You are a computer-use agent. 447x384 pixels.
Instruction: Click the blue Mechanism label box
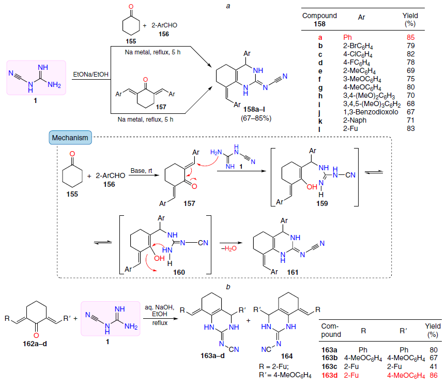[x=70, y=138]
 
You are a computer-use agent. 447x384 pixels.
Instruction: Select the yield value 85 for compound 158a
[x=410, y=37]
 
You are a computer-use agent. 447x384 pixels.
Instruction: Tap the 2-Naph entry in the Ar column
[x=354, y=120]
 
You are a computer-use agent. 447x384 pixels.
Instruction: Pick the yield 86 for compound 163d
[x=434, y=375]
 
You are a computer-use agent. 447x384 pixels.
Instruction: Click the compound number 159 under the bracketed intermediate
[x=322, y=203]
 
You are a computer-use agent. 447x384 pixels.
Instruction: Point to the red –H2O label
[x=229, y=248]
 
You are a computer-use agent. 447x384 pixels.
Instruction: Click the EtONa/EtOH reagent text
[x=90, y=75]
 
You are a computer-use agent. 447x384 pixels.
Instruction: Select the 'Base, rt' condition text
[x=141, y=171]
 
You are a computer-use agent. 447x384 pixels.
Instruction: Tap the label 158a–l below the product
[x=254, y=109]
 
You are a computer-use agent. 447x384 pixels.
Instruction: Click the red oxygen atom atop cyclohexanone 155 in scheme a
[x=131, y=7]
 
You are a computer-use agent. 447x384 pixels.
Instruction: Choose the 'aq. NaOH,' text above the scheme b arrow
[x=159, y=307]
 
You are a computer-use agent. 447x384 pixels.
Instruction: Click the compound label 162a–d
[x=35, y=344]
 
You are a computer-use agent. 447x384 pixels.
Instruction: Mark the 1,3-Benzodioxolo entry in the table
[x=371, y=112]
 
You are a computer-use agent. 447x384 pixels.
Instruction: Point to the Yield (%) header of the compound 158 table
[x=410, y=20]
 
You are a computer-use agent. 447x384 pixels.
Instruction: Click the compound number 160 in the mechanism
[x=179, y=272]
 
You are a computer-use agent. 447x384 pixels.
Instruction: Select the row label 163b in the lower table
[x=329, y=358]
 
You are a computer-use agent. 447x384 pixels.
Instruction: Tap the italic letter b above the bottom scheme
[x=228, y=287]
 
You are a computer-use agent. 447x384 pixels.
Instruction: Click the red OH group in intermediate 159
[x=312, y=187]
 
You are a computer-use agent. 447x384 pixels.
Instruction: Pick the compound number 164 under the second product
[x=287, y=356]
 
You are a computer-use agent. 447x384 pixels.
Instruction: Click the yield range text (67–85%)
[x=256, y=118]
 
